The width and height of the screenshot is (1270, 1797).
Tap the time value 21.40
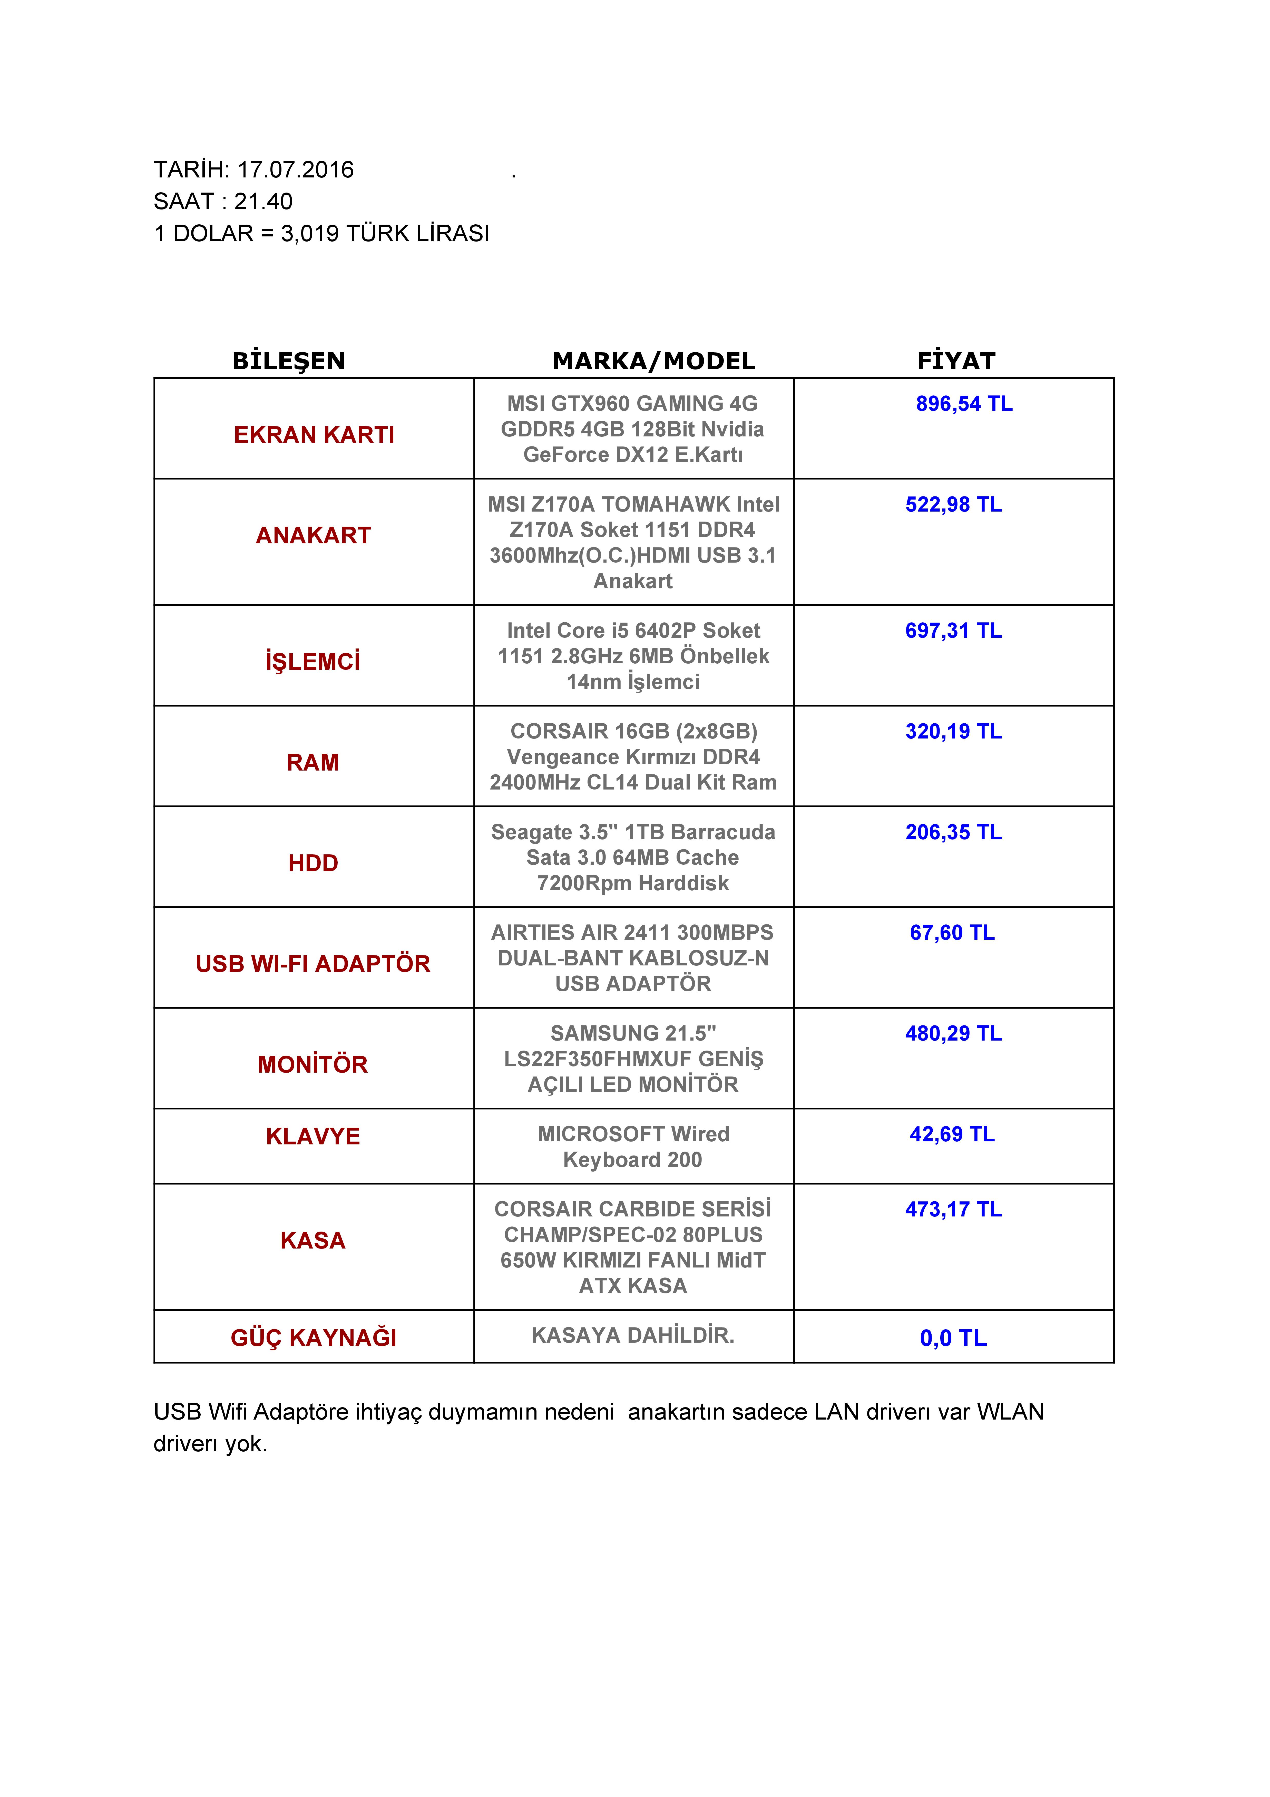(263, 202)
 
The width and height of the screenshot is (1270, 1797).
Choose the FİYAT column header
(956, 361)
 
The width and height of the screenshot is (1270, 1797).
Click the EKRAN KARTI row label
(314, 435)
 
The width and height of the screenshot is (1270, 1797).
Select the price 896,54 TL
(964, 404)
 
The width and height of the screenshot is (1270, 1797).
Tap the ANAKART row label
(313, 535)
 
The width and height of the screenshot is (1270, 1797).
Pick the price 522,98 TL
(953, 505)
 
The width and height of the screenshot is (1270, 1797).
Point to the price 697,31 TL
(953, 631)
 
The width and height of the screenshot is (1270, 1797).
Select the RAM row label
(313, 762)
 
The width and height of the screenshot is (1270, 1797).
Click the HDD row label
(313, 863)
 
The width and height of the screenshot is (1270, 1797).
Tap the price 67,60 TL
(952, 933)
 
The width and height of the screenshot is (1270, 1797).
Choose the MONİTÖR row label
(313, 1064)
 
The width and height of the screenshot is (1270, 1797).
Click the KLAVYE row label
(313, 1136)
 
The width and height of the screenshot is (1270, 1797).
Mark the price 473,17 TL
(953, 1209)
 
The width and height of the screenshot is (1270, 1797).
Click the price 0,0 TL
(953, 1338)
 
